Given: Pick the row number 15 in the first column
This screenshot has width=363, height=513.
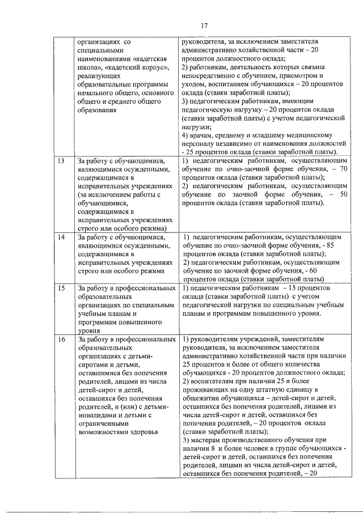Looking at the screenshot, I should pyautogui.click(x=61, y=289).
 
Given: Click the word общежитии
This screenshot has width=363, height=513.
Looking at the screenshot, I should pyautogui.click(x=205, y=398).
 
